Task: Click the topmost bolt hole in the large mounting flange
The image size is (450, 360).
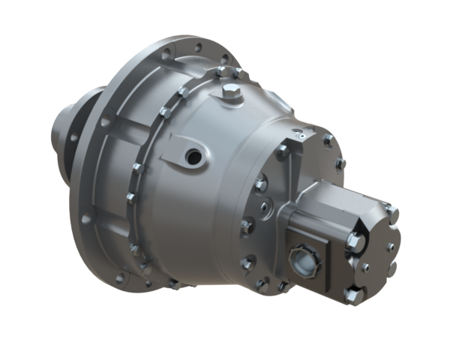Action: (x=196, y=47)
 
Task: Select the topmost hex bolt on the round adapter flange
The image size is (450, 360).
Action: (x=328, y=140)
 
